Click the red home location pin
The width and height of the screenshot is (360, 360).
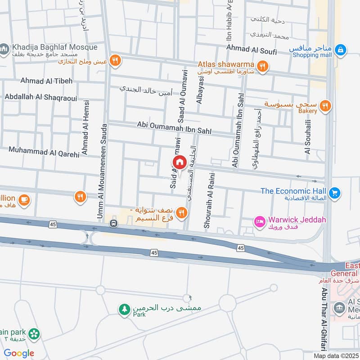(179, 162)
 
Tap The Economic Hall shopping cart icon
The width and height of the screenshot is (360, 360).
(334, 193)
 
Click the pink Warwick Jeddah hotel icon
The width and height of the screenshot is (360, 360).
(260, 221)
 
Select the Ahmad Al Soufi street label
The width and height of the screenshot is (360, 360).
(252, 52)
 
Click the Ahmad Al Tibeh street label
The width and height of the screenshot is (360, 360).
(46, 81)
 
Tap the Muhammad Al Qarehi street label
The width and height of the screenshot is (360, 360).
(44, 152)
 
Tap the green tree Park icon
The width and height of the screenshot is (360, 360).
(124, 309)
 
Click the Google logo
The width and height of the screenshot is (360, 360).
(19, 353)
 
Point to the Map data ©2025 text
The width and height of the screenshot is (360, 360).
(335, 355)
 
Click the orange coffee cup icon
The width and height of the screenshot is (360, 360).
(24, 199)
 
